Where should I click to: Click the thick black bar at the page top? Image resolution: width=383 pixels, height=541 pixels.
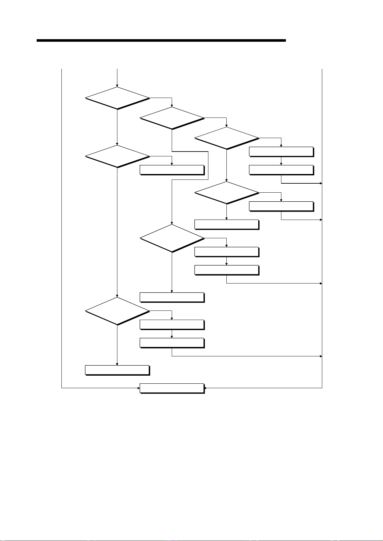pos(161,41)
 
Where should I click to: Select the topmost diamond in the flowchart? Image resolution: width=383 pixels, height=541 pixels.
pos(117,98)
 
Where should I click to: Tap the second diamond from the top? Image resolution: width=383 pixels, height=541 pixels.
pos(172,118)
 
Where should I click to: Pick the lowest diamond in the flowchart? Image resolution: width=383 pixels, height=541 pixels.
pos(117,311)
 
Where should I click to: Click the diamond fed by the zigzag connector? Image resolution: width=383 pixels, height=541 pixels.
pos(172,238)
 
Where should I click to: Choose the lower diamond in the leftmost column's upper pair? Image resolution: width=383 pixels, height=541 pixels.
pos(117,156)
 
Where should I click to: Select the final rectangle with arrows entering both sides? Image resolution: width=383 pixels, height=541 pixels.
pos(172,388)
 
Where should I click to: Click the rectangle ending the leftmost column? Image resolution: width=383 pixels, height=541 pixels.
pos(117,370)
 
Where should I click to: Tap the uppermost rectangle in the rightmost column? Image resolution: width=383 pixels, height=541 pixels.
pos(281,152)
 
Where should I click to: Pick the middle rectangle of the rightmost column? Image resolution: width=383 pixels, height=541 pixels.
pos(281,170)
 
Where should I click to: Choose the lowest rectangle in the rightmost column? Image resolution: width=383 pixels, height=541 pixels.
pos(281,206)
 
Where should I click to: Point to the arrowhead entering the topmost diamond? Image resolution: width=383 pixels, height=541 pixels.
pos(117,86)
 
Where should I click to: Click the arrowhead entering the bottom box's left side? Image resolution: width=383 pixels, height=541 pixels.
pos(138,388)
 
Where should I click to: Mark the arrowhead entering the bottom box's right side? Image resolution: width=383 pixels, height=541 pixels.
pos(206,388)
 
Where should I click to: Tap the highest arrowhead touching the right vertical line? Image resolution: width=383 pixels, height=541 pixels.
pos(321,183)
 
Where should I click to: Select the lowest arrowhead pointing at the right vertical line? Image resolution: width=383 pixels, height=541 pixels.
pos(321,356)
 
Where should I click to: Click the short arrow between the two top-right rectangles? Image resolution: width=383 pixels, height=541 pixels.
pos(281,161)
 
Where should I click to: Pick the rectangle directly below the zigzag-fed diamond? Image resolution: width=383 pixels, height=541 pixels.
pos(172,297)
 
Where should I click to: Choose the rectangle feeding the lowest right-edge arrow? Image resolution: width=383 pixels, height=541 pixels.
pos(172,343)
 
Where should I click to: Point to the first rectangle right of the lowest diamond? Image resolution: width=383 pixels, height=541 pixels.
pos(172,325)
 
